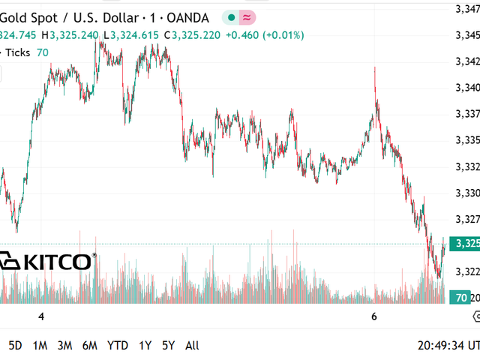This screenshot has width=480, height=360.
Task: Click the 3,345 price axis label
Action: point(468,34)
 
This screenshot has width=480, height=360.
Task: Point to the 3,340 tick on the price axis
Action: point(468,87)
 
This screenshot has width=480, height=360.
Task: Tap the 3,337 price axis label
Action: point(468,113)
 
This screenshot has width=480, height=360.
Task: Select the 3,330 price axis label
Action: point(468,192)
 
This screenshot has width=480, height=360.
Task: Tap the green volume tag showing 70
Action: point(463,298)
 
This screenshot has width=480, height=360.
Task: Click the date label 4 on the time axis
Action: point(41,317)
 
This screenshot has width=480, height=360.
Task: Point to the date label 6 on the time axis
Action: point(373,317)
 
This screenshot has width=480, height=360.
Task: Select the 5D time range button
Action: point(15,345)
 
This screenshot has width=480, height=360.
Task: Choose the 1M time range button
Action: point(40,345)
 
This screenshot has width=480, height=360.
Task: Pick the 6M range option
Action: point(89,345)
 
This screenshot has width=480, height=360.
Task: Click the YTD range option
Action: point(117,345)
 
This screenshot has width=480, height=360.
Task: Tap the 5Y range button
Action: point(168,345)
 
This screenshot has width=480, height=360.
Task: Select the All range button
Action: point(192,345)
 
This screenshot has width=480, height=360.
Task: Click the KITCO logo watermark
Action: point(46,261)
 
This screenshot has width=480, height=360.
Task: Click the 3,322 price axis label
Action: point(468,271)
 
